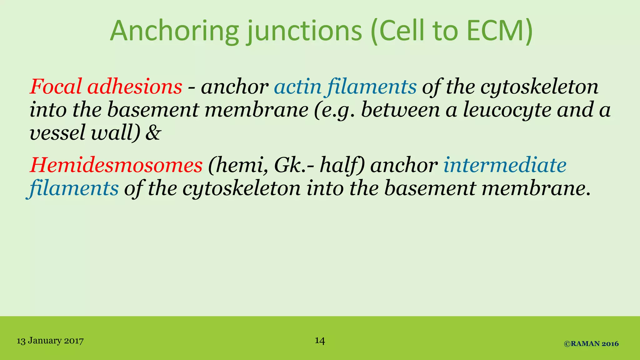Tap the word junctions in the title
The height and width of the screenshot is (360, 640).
click(305, 31)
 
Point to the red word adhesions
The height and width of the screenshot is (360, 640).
click(135, 87)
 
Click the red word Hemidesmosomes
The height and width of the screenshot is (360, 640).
click(116, 165)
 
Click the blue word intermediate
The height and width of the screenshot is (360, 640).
click(505, 165)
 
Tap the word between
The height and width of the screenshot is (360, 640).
click(400, 110)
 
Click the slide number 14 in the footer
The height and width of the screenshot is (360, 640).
click(320, 340)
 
